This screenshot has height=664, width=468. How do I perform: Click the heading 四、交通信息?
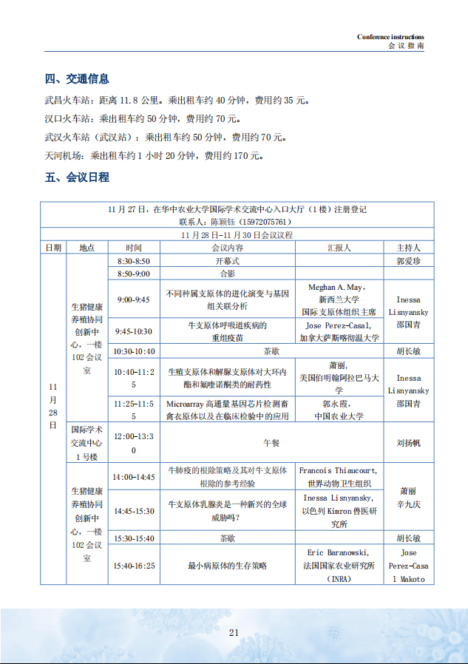(77, 79)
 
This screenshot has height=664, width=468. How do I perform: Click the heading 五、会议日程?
(77, 177)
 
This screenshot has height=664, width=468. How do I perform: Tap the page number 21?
(234, 632)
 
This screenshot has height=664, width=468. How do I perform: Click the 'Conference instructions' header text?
(390, 37)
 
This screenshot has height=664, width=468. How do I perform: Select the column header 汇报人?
(339, 248)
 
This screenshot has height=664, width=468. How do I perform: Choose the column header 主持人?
(408, 248)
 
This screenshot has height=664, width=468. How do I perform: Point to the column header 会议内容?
(227, 248)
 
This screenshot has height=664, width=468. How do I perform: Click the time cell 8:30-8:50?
(134, 261)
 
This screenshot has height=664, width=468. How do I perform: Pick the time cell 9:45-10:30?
(134, 331)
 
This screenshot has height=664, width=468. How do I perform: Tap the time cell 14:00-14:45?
(134, 477)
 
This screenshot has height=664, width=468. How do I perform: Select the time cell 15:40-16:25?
(134, 566)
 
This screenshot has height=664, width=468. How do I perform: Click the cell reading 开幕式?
(227, 261)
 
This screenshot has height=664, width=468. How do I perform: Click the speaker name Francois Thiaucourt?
(338, 470)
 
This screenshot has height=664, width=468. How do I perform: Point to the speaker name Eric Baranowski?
(338, 552)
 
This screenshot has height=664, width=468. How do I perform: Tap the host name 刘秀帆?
(408, 443)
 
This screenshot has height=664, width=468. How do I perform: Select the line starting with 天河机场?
(153, 156)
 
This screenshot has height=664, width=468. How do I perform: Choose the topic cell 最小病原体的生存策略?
(227, 566)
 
